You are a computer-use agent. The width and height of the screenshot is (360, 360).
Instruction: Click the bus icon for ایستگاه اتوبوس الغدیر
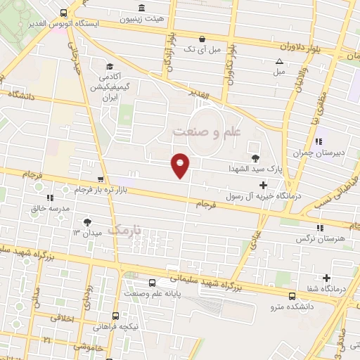64,13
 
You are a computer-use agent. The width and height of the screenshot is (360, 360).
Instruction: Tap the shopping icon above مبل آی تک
202,39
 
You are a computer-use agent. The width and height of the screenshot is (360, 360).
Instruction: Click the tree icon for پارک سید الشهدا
255,157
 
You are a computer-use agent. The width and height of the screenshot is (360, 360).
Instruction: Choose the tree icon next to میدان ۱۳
87,221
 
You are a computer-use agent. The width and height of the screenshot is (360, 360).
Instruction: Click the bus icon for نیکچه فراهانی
115,317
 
